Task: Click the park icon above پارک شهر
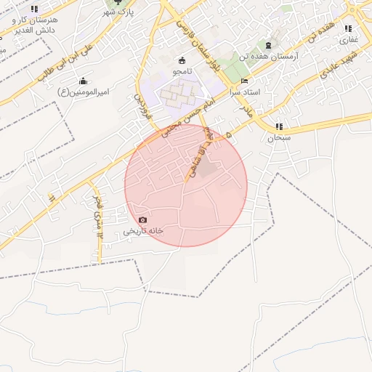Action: click(119, 2)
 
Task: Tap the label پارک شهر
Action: click(119, 13)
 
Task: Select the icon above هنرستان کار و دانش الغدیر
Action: click(34, 9)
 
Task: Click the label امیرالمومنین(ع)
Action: click(83, 92)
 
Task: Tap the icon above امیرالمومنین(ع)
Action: click(83, 81)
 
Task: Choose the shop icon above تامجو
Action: click(182, 61)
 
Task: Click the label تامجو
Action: click(181, 73)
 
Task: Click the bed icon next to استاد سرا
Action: click(244, 81)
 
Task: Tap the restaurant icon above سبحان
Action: click(279, 126)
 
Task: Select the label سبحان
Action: click(278, 137)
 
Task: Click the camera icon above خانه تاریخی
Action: click(142, 219)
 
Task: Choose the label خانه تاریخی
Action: click(142, 230)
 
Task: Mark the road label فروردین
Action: click(140, 105)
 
